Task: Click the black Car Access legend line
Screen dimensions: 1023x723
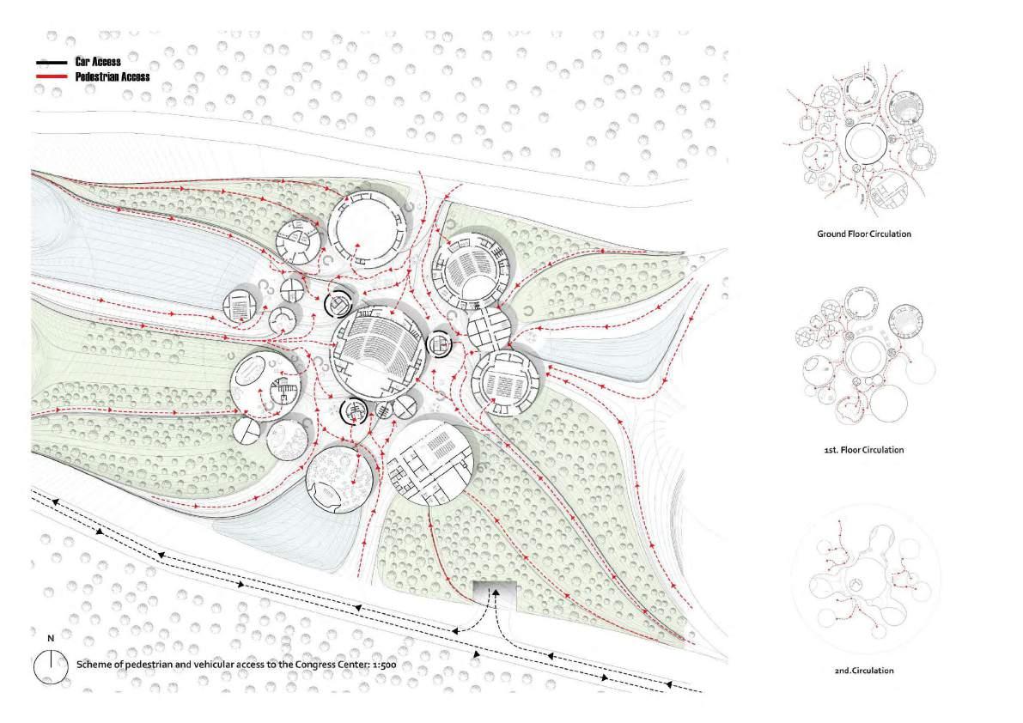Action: [x=52, y=63]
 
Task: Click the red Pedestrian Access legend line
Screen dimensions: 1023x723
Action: [x=52, y=76]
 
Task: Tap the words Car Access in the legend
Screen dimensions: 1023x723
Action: [x=98, y=62]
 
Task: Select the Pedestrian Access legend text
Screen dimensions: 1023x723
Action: [x=113, y=76]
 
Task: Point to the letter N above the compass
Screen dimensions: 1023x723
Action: [x=51, y=639]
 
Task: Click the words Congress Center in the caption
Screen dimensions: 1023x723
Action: [x=326, y=665]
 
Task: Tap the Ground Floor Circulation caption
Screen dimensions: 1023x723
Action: [x=863, y=234]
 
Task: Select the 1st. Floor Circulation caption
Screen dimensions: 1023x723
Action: [x=862, y=450]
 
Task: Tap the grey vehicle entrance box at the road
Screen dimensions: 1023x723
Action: [x=494, y=592]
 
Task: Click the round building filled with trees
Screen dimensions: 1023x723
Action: [x=338, y=478]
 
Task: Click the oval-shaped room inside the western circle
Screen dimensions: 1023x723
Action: [x=250, y=374]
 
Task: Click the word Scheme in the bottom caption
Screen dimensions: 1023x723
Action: [x=95, y=665]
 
